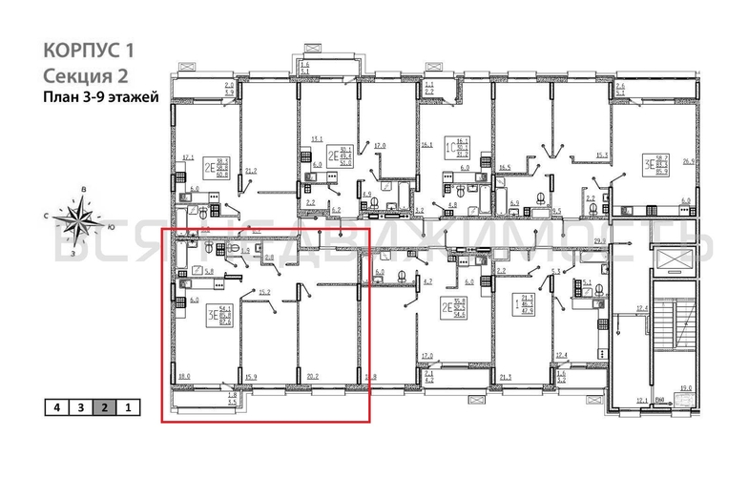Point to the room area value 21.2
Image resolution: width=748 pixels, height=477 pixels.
point(251,172)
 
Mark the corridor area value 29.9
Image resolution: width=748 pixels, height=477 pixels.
point(600,241)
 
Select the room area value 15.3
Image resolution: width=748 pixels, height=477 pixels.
point(600,156)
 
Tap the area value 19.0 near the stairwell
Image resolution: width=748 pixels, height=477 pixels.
point(684,387)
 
